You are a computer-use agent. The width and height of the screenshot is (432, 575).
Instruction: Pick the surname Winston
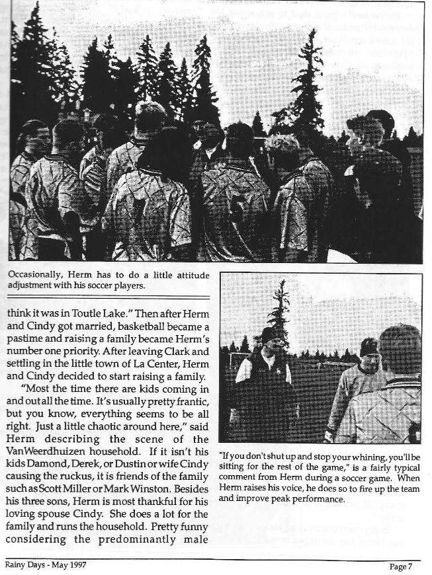coord(187,489)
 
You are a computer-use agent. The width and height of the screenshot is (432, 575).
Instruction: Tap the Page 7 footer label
coord(400,566)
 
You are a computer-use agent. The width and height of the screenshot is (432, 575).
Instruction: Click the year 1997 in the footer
coord(75,566)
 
